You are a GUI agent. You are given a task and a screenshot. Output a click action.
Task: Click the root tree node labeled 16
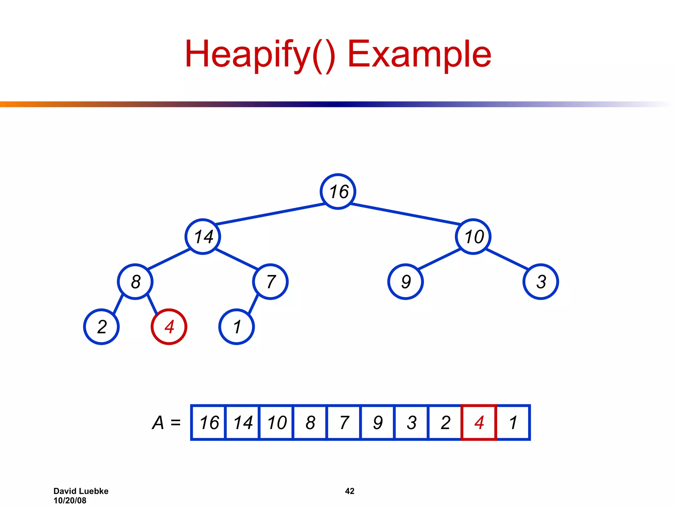(x=338, y=191)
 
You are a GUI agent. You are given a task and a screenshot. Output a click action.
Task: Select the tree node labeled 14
(x=203, y=237)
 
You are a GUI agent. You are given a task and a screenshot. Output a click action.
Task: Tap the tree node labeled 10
(x=473, y=237)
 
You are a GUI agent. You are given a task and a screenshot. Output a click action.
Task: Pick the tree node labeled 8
(x=135, y=282)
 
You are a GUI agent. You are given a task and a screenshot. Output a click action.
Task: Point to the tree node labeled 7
(x=270, y=282)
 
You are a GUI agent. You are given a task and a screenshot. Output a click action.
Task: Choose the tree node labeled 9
(x=406, y=282)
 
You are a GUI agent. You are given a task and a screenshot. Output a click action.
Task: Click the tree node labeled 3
(x=541, y=282)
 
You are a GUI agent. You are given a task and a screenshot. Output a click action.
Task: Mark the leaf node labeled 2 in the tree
(x=101, y=327)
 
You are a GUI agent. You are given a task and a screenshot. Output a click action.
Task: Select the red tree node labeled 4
(x=169, y=327)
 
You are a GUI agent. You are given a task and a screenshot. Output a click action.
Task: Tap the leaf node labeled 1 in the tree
(x=237, y=327)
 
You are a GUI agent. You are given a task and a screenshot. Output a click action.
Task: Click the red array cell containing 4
(x=479, y=422)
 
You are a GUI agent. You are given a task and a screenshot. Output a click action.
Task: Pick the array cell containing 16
(x=209, y=422)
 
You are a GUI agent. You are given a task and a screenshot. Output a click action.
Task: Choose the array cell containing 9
(x=378, y=422)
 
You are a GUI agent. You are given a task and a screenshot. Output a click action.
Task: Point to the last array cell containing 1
(x=513, y=422)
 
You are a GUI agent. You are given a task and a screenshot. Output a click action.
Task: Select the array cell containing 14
(x=243, y=422)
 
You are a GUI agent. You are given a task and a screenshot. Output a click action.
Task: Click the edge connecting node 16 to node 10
(x=405, y=214)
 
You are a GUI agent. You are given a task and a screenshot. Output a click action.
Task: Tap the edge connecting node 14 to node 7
(x=236, y=259)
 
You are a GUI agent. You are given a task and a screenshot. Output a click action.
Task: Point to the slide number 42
(x=350, y=491)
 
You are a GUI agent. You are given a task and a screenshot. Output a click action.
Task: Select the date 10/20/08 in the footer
(x=70, y=501)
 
